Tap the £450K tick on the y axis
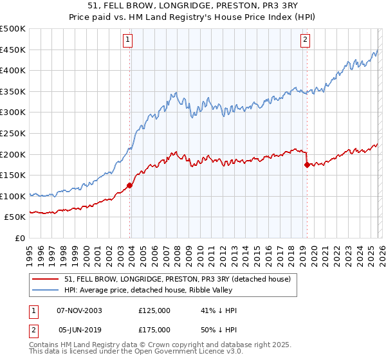click(13, 50)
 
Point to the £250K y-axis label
click(13, 133)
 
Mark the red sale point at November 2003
click(130, 185)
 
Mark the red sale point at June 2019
click(307, 165)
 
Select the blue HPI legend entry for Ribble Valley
click(161, 290)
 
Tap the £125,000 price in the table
click(154, 310)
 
